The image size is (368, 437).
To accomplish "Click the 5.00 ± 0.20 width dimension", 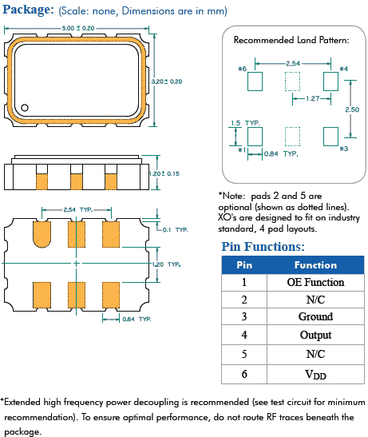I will click(x=77, y=27).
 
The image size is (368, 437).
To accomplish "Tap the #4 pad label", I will click(x=343, y=69).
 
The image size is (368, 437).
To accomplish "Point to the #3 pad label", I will click(x=344, y=149).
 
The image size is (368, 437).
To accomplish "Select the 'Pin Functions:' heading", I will click(x=263, y=247).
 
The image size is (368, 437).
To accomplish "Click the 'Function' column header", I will click(x=315, y=264).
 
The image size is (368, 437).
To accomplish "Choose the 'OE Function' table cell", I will click(x=315, y=282).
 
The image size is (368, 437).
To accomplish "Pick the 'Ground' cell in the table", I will click(x=315, y=317).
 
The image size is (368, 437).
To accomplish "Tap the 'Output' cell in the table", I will click(x=315, y=335).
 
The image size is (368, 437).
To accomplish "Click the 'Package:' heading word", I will click(x=29, y=10).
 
